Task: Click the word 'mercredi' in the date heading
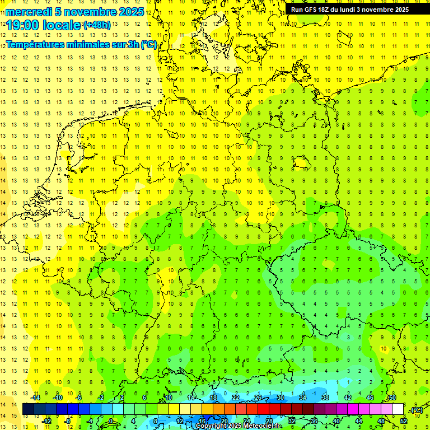tap(29, 12)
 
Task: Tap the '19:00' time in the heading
tap(25, 25)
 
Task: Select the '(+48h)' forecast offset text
tap(97, 25)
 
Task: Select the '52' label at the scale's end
tap(404, 421)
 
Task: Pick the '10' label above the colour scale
tap(168, 398)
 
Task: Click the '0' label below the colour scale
tap(110, 421)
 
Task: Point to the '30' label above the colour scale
tap(280, 398)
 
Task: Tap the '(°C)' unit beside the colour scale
tap(417, 410)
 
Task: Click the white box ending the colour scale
tap(398, 409)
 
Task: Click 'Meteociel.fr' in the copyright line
tap(262, 426)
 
